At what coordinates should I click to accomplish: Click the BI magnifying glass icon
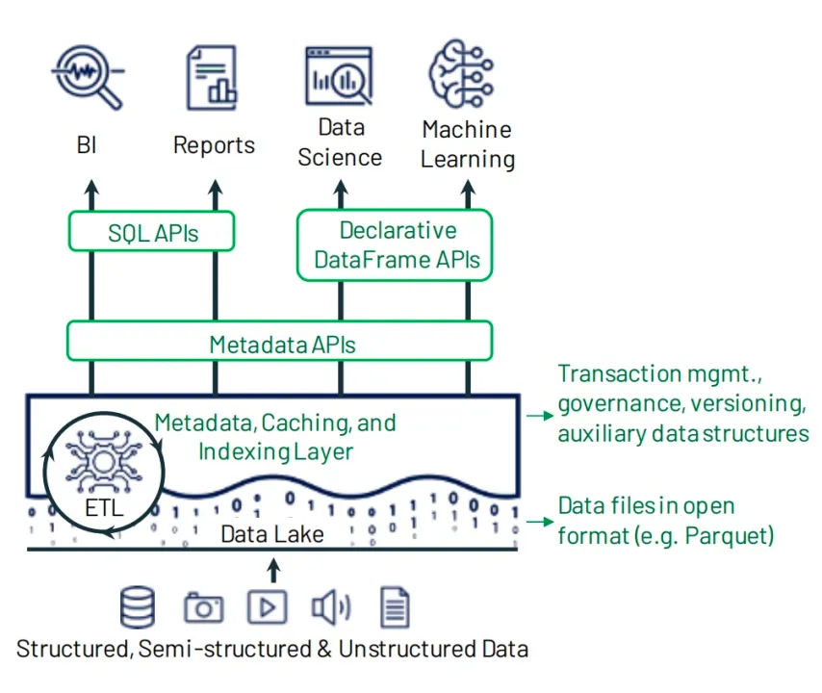(x=88, y=78)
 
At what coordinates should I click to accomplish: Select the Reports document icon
(x=212, y=77)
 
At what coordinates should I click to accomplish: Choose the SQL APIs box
(x=152, y=231)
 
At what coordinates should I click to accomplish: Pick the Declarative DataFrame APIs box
(x=395, y=245)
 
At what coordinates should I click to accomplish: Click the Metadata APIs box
(x=279, y=343)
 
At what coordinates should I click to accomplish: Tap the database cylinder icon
(x=138, y=607)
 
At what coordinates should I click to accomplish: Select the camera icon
(x=203, y=608)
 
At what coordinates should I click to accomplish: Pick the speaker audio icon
(x=330, y=607)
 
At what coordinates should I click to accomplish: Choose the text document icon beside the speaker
(x=395, y=607)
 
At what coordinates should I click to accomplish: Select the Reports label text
(x=214, y=145)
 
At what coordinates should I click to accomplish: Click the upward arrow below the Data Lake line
(x=273, y=570)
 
